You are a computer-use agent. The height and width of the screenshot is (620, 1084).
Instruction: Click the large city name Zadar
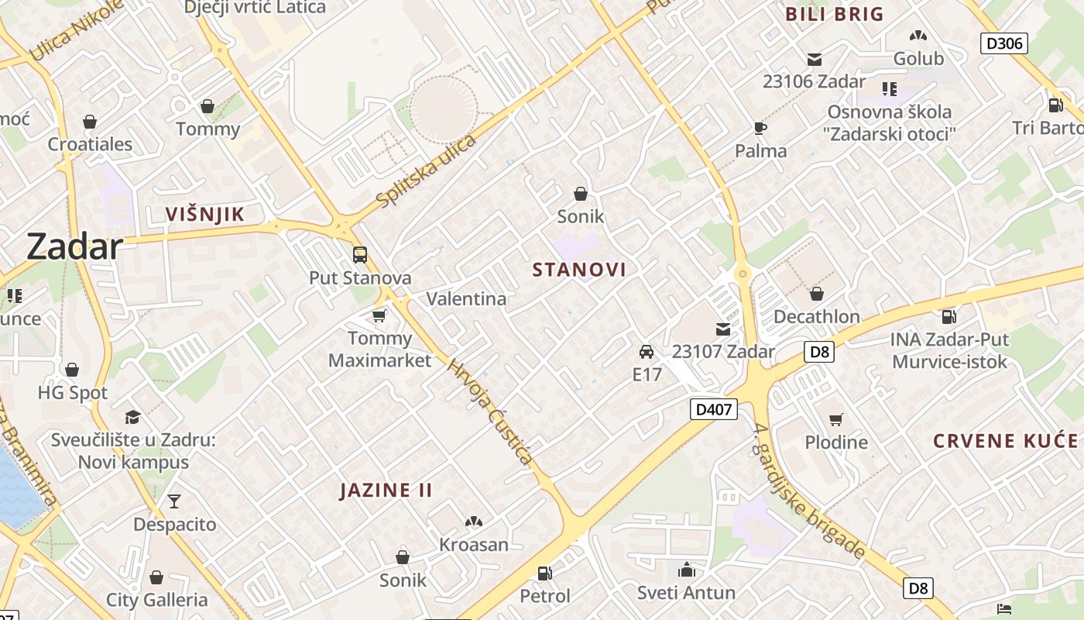click(74, 247)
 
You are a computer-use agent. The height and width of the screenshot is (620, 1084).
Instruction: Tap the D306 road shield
click(1004, 43)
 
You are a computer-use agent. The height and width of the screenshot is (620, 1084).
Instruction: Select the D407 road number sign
click(713, 408)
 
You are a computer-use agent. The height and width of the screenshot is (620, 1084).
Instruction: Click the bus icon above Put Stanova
click(360, 254)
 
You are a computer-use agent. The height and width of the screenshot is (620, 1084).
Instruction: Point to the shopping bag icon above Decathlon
click(816, 294)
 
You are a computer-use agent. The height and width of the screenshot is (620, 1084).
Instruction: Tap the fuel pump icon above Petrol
click(545, 573)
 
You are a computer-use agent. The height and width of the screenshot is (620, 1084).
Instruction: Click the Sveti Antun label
click(686, 593)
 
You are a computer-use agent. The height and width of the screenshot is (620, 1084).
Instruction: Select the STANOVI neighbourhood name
click(579, 270)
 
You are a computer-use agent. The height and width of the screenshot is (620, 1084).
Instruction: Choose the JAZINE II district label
click(386, 490)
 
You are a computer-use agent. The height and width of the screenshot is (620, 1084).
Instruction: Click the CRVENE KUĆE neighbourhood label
click(1005, 441)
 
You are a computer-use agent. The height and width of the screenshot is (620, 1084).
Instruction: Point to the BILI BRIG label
click(834, 14)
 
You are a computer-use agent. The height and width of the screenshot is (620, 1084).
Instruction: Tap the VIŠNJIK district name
click(204, 215)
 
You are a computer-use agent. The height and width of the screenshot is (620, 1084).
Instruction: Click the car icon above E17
click(647, 352)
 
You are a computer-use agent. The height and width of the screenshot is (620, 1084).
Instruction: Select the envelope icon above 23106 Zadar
click(814, 59)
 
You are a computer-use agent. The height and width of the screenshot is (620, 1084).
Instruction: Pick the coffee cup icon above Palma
click(760, 128)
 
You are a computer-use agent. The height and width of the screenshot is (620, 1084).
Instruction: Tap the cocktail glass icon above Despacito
click(174, 501)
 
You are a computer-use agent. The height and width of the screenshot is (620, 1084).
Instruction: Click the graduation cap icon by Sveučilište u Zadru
click(133, 417)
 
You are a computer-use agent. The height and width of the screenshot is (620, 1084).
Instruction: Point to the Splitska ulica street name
click(426, 171)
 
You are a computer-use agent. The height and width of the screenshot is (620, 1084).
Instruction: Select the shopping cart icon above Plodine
click(835, 419)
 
